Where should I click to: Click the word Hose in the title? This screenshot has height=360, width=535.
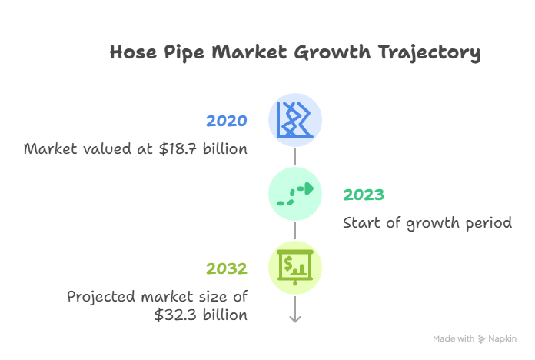pos(133,52)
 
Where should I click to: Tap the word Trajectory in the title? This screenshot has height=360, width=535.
pos(429,53)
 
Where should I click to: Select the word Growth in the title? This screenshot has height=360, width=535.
pos(332,52)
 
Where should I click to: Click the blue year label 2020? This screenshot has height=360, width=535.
pos(227,121)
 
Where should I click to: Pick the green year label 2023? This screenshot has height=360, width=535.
pos(364,195)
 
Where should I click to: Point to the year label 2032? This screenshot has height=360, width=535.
pos(227,268)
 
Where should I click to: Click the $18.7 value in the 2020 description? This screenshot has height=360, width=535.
pos(178,149)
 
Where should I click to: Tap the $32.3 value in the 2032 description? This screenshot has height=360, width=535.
pos(175,315)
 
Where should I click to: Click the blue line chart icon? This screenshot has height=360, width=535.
pos(294,120)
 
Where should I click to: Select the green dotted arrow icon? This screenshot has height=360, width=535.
pos(295,194)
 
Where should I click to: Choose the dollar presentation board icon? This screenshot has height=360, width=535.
pos(295,267)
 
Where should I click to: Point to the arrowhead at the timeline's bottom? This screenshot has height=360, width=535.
pos(295,319)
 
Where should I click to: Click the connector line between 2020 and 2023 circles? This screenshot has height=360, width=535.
pos(295,157)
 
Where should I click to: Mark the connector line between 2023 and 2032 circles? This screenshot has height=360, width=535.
pos(295,231)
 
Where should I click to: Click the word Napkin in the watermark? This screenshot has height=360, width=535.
pos(502,338)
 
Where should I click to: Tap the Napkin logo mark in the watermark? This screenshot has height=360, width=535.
pos(481,338)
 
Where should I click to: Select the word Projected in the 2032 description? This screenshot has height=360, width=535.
pos(101,297)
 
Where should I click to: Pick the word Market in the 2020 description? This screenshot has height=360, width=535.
pos(51,149)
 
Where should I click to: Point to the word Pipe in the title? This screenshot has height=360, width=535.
pos(184,53)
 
